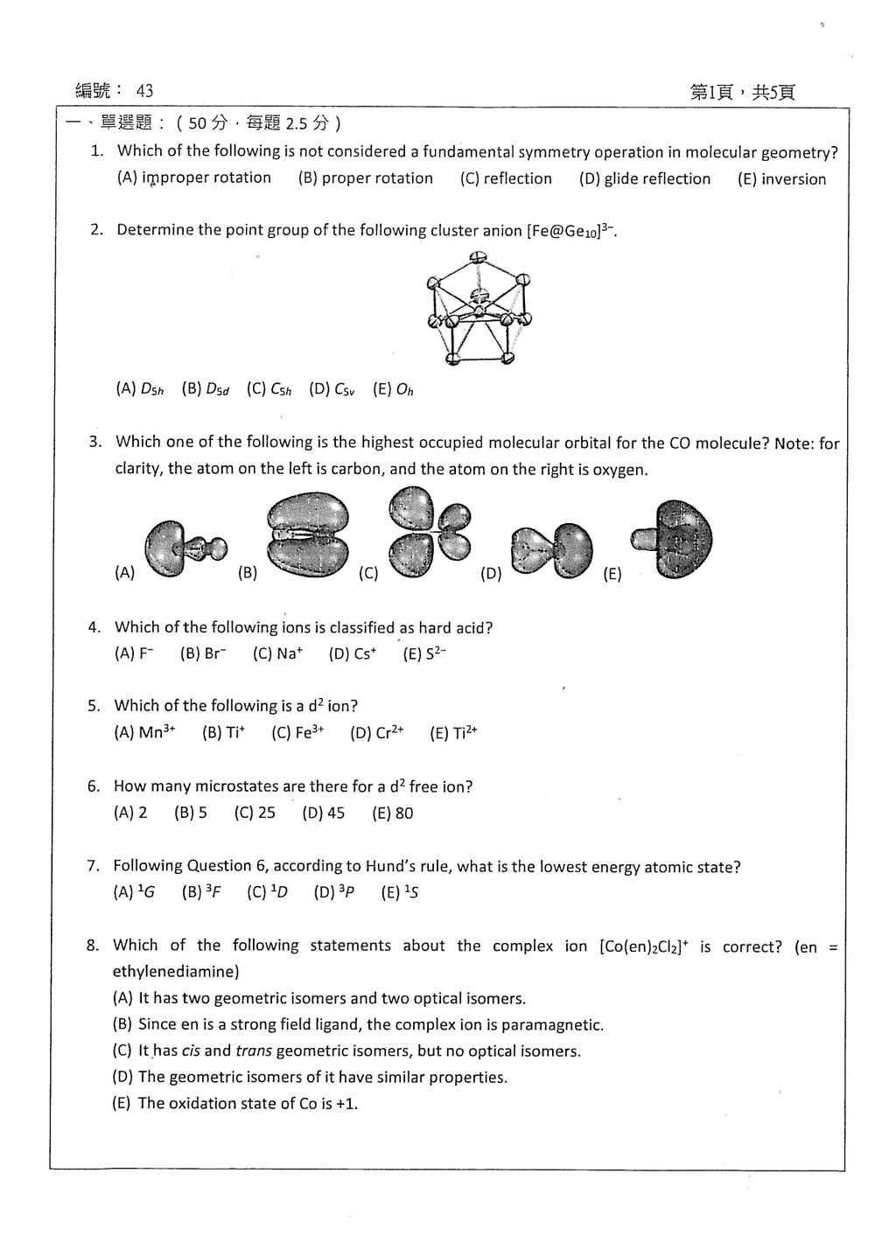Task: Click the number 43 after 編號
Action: point(144,91)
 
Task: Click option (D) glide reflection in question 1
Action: point(644,178)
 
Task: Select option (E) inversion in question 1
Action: point(781,179)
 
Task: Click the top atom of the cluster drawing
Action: point(477,257)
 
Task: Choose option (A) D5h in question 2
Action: point(140,389)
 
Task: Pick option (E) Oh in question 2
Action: point(393,389)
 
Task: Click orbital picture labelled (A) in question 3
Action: point(185,548)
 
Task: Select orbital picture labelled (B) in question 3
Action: point(308,534)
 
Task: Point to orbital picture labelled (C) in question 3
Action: point(430,532)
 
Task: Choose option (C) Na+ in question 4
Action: point(277,654)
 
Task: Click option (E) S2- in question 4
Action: point(424,654)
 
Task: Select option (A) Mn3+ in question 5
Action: point(144,732)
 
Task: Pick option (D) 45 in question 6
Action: point(323,813)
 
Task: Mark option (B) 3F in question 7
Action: point(201,892)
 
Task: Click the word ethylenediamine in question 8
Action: point(176,972)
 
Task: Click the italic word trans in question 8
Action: point(254,1051)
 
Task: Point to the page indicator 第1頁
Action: point(711,92)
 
